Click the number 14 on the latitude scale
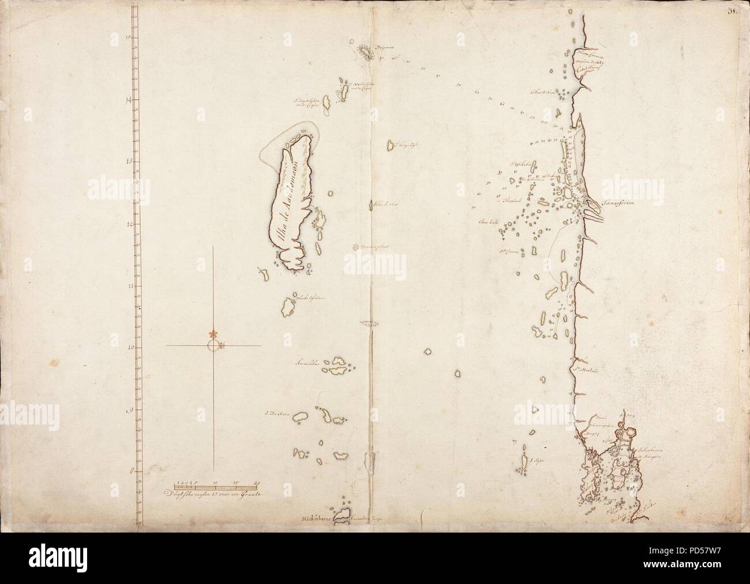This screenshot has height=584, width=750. pyautogui.click(x=128, y=99)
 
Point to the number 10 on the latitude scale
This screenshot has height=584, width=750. pyautogui.click(x=128, y=348)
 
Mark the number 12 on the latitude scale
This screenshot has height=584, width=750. pyautogui.click(x=128, y=224)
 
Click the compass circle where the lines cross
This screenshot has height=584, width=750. pyautogui.click(x=213, y=345)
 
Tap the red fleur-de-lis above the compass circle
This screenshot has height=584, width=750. pyautogui.click(x=213, y=334)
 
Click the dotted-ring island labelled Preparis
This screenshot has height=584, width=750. pyautogui.click(x=365, y=53)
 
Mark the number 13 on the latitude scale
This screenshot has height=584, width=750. pyautogui.click(x=128, y=161)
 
